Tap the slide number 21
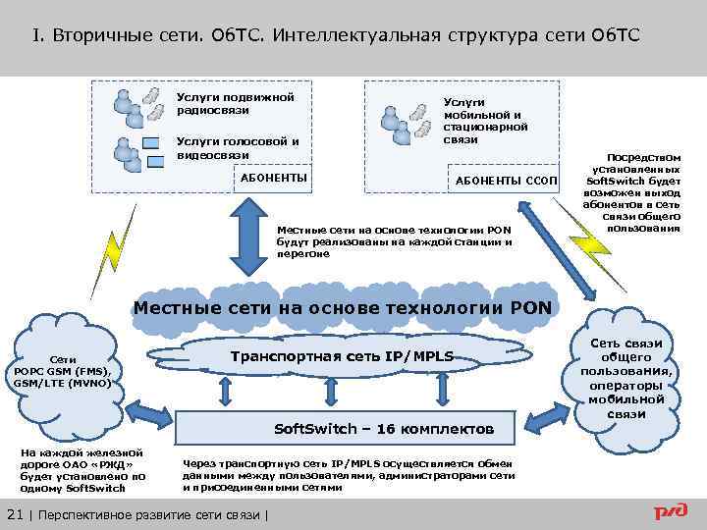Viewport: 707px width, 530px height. pos(15,515)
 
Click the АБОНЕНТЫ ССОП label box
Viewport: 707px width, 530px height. pos(506,182)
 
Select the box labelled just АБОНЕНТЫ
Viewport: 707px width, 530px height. pos(274,178)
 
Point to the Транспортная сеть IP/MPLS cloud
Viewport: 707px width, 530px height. pos(342,355)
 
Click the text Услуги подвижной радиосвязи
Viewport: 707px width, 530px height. pos(235,103)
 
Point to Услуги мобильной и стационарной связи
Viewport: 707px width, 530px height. pos(485,120)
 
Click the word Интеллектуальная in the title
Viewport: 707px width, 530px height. pos(355,36)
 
